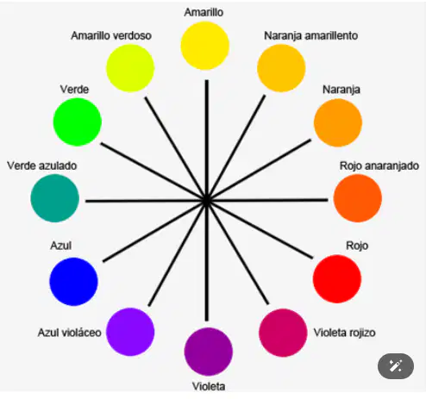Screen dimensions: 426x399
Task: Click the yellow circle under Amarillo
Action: (205, 46)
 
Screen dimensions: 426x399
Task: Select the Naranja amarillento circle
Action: (281, 68)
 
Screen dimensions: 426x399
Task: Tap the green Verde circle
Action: (78, 122)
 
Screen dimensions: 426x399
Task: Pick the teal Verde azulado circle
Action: (55, 198)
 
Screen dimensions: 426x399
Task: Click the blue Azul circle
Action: (73, 282)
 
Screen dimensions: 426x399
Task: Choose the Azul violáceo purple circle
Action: (130, 332)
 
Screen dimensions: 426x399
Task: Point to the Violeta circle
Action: (209, 352)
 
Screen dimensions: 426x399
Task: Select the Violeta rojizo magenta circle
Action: (283, 333)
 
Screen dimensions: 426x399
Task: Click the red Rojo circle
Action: (337, 279)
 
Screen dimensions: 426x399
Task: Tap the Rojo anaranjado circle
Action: (358, 198)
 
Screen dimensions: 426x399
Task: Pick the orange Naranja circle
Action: (338, 123)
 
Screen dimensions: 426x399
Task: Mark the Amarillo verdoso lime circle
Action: (130, 68)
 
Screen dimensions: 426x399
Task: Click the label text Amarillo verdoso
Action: (111, 35)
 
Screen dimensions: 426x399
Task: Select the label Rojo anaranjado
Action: (379, 166)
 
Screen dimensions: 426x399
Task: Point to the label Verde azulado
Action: (42, 165)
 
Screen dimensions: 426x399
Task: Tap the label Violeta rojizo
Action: (344, 333)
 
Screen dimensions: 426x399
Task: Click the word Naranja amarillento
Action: (311, 35)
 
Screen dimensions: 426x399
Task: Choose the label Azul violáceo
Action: (70, 333)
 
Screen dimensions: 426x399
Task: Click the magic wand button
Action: (396, 366)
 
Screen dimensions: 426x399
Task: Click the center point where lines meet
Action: (207, 201)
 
